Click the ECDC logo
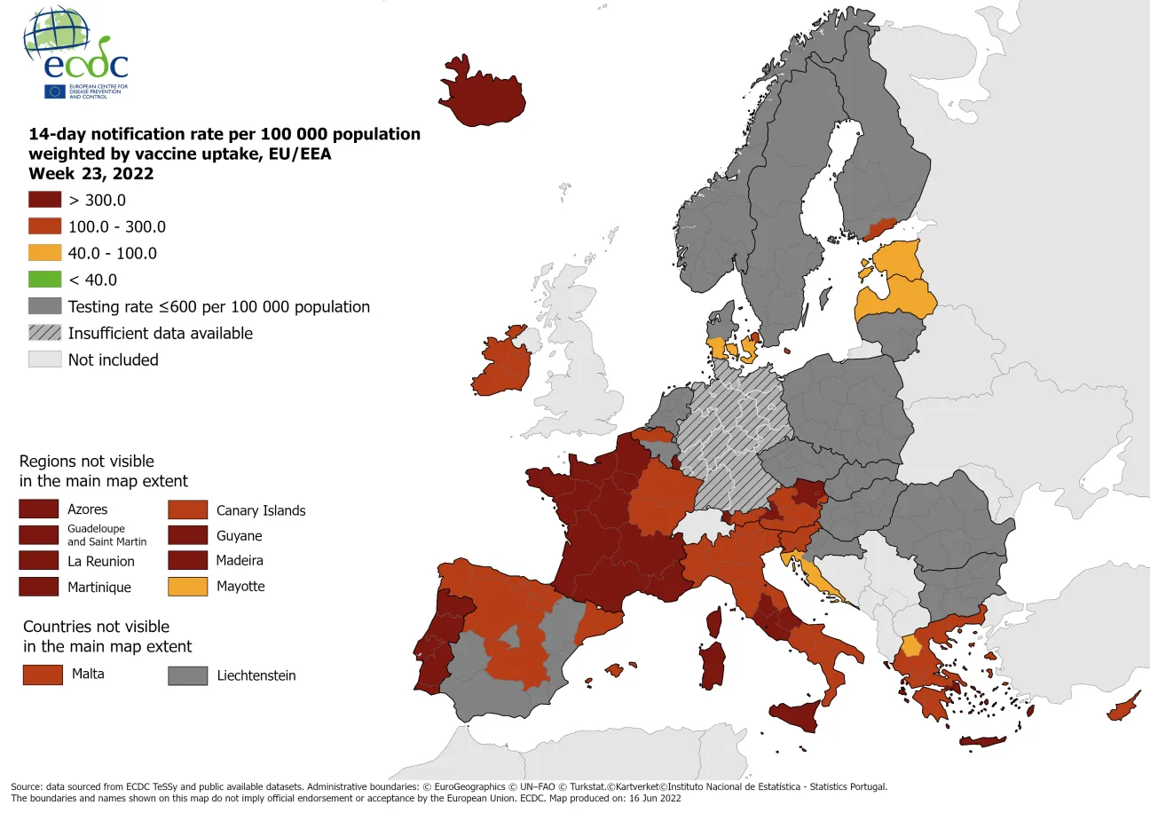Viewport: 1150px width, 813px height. click(x=75, y=53)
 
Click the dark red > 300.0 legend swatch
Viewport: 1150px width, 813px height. click(x=44, y=200)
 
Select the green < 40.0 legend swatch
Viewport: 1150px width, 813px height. click(x=44, y=280)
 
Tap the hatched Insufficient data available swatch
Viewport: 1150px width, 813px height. click(x=44, y=333)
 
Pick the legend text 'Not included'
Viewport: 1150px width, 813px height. click(x=113, y=359)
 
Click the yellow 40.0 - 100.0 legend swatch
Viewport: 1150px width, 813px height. click(x=44, y=253)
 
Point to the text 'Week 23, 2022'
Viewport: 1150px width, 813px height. click(x=91, y=173)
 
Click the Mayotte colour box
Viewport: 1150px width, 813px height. click(x=187, y=587)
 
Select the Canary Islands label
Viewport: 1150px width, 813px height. click(x=260, y=510)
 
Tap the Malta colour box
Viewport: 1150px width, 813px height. click(x=43, y=675)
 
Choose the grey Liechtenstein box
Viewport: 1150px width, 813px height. click(x=187, y=676)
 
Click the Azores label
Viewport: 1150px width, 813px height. click(x=87, y=509)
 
